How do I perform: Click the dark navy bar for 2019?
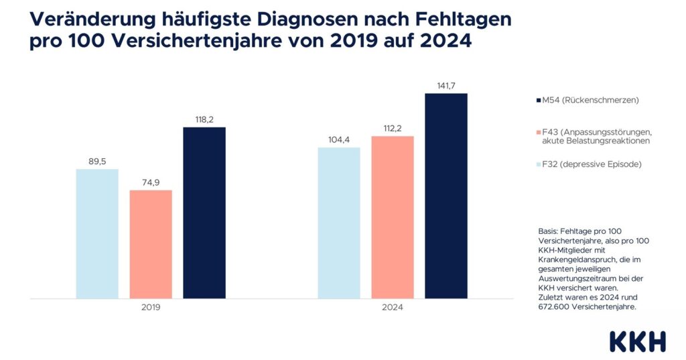(x=204, y=213)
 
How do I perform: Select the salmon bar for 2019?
(x=151, y=244)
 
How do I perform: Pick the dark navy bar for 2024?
(x=446, y=196)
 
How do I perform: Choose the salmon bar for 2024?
(x=393, y=217)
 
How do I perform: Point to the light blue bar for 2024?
(x=339, y=223)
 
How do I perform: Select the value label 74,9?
(x=151, y=181)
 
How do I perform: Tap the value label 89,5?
(x=97, y=160)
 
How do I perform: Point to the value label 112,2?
(x=393, y=127)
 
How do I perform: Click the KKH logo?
(x=637, y=341)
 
